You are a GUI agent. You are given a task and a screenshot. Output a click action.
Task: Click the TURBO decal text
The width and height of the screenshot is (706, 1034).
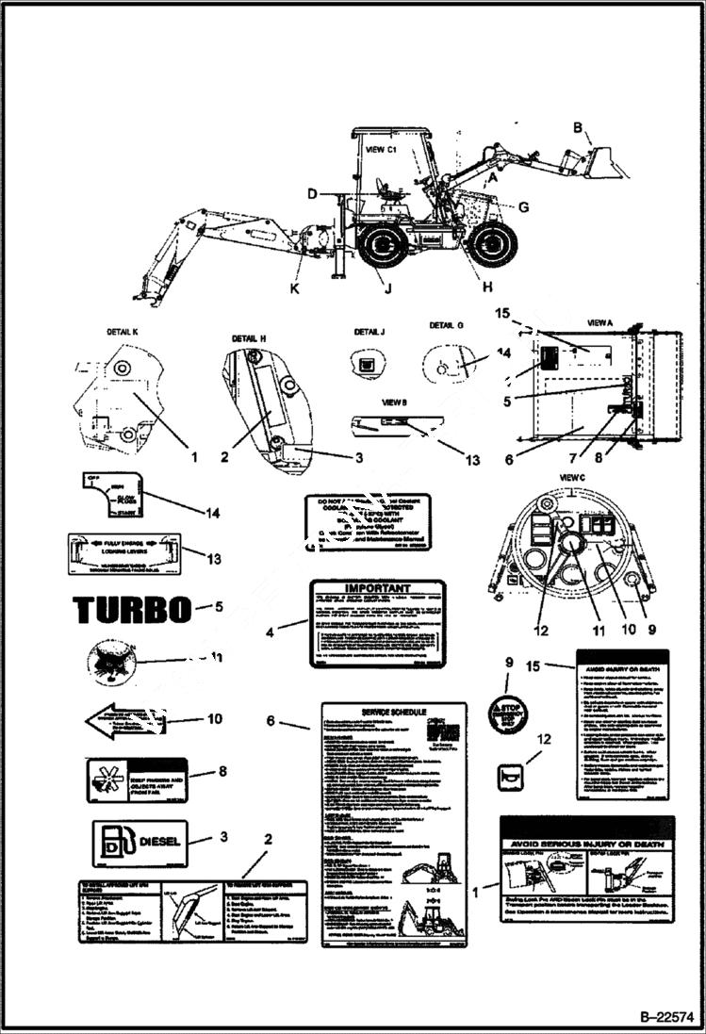coord(132,610)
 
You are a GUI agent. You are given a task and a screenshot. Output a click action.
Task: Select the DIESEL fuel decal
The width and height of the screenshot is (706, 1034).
coord(140,842)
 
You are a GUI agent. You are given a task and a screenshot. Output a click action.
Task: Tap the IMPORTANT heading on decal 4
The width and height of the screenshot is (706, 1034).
coord(377,586)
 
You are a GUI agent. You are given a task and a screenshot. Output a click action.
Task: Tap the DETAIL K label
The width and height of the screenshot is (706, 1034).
coord(123,333)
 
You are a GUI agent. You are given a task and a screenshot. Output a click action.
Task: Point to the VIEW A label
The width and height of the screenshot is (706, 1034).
coord(599,322)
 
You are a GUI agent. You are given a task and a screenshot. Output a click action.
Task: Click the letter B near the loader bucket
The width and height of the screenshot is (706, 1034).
coord(577,128)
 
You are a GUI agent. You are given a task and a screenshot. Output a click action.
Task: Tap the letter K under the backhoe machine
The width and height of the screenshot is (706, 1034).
coord(294,288)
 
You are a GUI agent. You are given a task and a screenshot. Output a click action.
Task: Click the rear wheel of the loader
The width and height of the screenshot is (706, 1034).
coord(383,244)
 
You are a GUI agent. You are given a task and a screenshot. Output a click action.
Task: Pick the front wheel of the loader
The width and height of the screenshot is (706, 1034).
coord(491,244)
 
